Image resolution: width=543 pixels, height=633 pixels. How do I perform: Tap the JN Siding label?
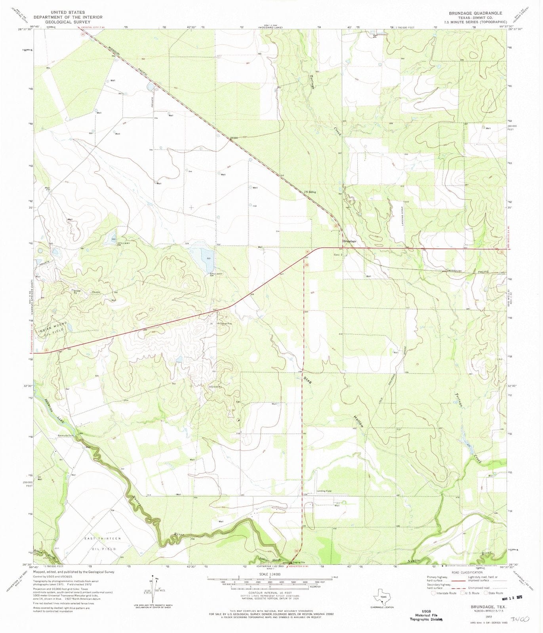pos(310,192)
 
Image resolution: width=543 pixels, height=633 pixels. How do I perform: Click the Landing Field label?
pos(324,491)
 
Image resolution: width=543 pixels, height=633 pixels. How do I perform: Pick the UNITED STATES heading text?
pos(68,13)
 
